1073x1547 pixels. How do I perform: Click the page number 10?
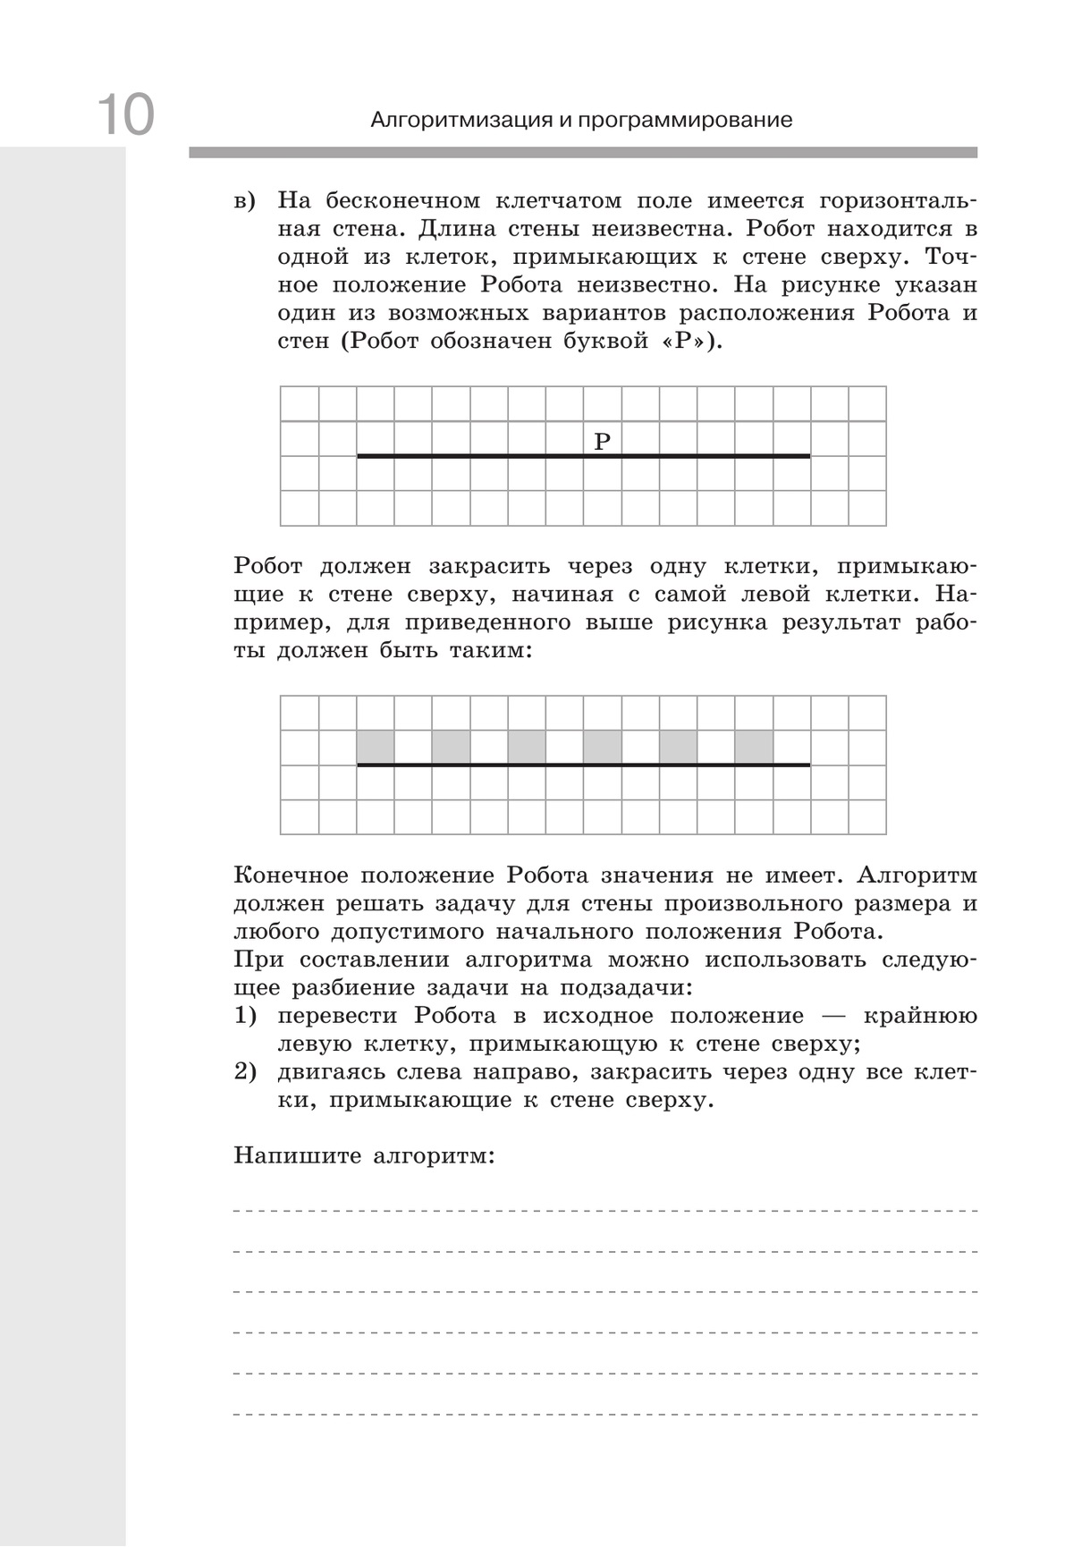pyautogui.click(x=125, y=114)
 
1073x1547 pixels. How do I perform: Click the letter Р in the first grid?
pyautogui.click(x=602, y=441)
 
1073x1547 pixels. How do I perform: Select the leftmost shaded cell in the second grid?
pyautogui.click(x=376, y=747)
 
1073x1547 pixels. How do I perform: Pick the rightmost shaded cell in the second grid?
pyautogui.click(x=754, y=747)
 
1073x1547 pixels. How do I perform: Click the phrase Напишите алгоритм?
pyautogui.click(x=364, y=1156)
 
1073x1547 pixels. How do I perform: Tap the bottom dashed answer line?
pyautogui.click(x=604, y=1415)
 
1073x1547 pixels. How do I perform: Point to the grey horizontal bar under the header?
pyautogui.click(x=583, y=153)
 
